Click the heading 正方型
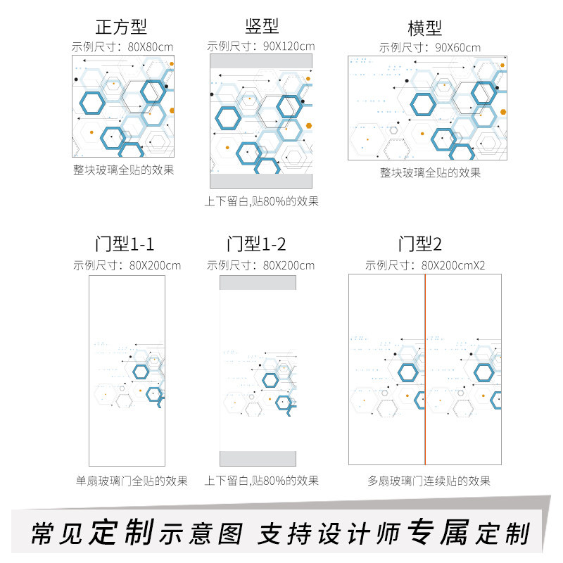pos(121,27)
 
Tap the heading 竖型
pos(262,26)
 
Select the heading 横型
pos(424,28)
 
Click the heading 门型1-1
pos(125,243)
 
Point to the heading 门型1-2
pos(256,243)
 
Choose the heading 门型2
pos(419,243)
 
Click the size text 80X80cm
pos(151,47)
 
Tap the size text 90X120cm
pos(289,46)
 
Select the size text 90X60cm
pos(458,48)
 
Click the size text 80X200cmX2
pos(453,266)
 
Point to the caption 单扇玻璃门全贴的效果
pos(132,481)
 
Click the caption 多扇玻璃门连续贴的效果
pos(429,481)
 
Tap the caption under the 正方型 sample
pos(124,170)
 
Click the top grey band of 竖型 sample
pos(261,61)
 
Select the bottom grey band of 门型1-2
pos(258,459)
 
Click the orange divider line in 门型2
pos(425,369)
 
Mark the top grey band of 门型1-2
pos(258,283)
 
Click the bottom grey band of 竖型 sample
pos(261,181)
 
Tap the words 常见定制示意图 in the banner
pos(137,533)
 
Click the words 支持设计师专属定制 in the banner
pos(394,533)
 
